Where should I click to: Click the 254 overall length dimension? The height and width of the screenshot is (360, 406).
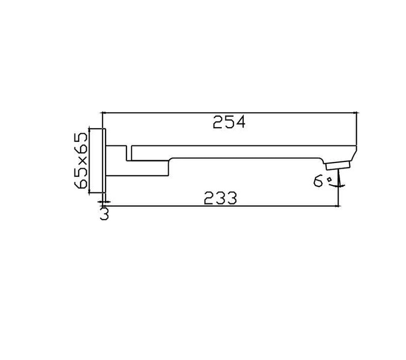click(x=230, y=122)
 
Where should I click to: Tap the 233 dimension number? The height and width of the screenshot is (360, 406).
click(x=220, y=198)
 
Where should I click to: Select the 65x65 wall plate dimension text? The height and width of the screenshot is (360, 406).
click(x=81, y=160)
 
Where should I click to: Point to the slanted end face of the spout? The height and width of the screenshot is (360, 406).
click(x=353, y=153)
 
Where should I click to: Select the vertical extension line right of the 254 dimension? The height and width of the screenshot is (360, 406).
click(x=357, y=129)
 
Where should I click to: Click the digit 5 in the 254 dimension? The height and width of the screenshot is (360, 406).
click(x=230, y=122)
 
